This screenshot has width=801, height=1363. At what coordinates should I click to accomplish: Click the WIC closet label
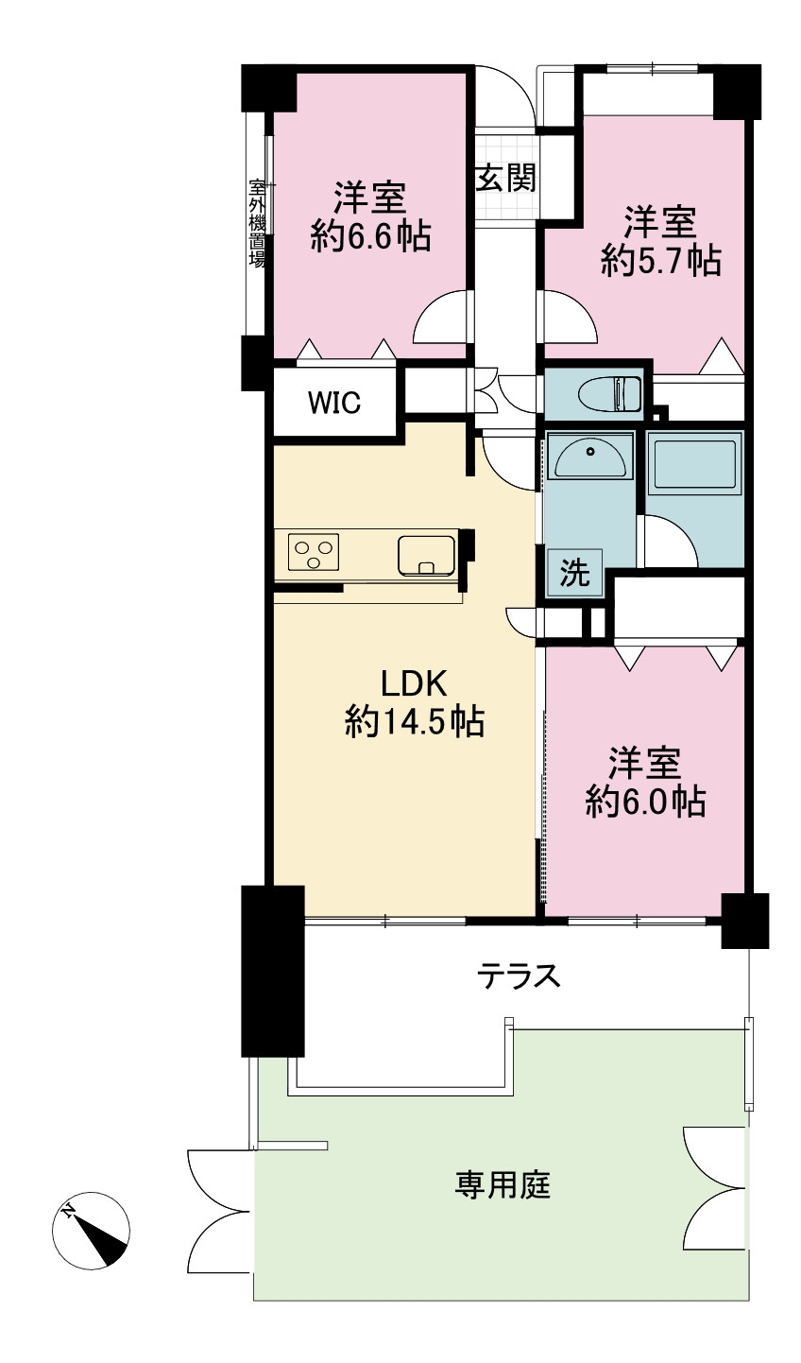[x=333, y=402]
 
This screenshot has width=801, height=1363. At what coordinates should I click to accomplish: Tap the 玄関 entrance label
[x=506, y=179]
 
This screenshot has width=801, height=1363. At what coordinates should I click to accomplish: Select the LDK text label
[x=414, y=683]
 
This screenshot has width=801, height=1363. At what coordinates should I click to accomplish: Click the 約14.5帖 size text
[x=414, y=722]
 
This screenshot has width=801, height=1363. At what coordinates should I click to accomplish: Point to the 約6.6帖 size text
[x=371, y=235]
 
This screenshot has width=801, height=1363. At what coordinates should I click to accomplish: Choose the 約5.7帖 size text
[x=661, y=261]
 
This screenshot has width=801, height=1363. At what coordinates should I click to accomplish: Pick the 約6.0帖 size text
[x=645, y=801]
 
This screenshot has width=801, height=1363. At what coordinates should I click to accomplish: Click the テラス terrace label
[x=519, y=975]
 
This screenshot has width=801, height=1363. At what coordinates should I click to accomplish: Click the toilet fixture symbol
[x=609, y=393]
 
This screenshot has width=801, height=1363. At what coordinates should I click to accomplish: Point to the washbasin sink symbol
[x=589, y=457]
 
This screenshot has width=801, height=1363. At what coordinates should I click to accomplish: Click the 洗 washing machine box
[x=574, y=573]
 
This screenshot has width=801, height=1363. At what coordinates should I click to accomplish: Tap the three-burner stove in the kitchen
[x=314, y=551]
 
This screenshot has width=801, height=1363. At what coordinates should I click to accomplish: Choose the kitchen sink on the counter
[x=426, y=555]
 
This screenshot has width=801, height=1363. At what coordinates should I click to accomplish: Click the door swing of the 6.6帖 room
[x=440, y=317]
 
